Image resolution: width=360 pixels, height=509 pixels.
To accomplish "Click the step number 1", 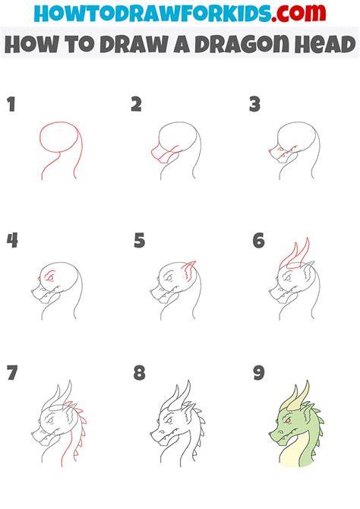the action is click(x=11, y=105).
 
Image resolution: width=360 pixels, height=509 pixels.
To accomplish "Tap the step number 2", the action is click(x=137, y=105).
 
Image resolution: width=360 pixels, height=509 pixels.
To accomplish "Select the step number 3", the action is click(x=255, y=105).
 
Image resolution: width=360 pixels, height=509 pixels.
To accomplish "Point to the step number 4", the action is click(x=12, y=241).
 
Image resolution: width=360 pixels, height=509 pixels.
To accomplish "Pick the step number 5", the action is click(x=139, y=241).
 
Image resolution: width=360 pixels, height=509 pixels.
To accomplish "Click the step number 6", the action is click(x=259, y=241).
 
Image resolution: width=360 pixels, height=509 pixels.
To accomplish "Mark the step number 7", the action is click(x=12, y=373).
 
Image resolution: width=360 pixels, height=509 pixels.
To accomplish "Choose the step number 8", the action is click(x=139, y=373).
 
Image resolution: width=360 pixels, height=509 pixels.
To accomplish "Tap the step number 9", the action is click(x=259, y=373).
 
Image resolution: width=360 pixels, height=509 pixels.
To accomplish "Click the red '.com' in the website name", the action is click(x=298, y=13).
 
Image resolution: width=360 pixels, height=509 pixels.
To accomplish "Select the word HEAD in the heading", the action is click(x=325, y=45).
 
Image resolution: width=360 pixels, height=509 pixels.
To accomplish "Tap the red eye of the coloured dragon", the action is click(x=287, y=421).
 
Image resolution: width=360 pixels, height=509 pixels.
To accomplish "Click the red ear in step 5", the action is click(x=189, y=270).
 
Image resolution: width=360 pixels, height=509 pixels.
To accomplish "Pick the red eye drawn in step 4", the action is click(x=50, y=277).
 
